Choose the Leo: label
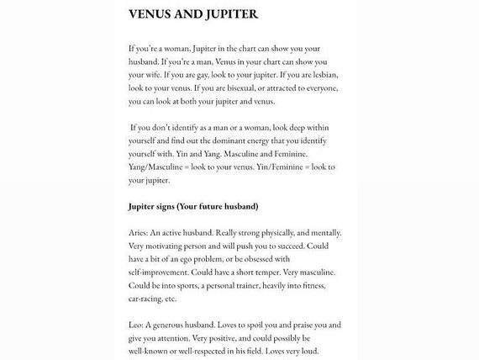pos(139,325)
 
